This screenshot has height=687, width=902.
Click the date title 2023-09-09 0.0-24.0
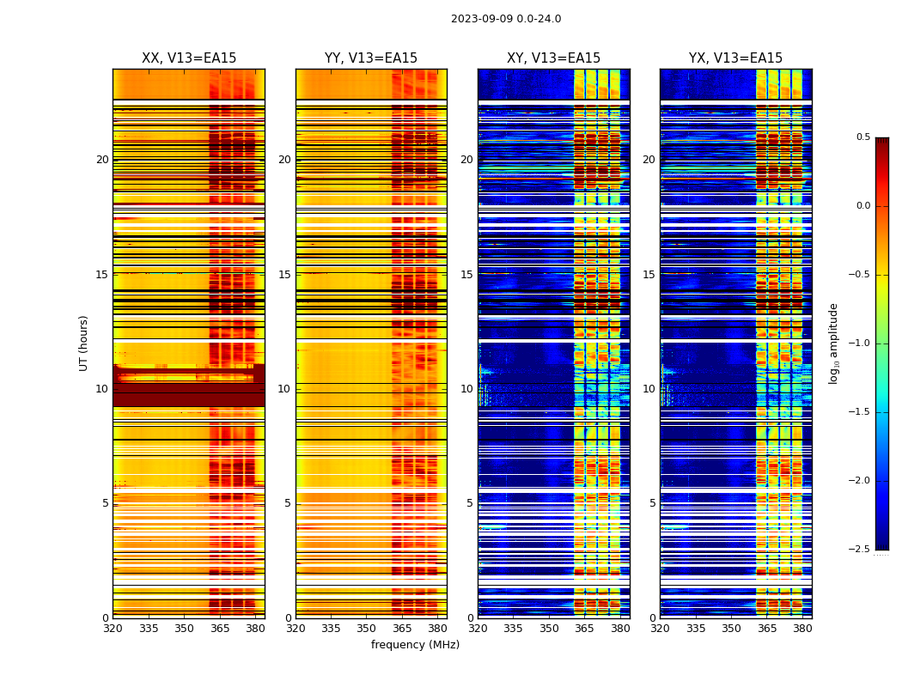(506, 19)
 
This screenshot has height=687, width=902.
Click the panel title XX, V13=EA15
(189, 58)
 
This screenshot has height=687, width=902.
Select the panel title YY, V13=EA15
(371, 58)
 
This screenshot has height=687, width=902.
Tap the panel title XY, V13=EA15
(553, 58)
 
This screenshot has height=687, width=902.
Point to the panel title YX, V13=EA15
(735, 58)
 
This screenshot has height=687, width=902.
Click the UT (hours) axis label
(83, 343)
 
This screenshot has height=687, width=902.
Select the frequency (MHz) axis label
(415, 645)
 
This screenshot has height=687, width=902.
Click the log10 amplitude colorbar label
(833, 343)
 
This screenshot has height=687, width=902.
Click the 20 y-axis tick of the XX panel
(102, 160)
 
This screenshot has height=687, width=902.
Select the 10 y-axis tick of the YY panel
(284, 389)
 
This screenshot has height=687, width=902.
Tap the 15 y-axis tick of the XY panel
(466, 275)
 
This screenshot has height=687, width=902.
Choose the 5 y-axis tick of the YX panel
(652, 503)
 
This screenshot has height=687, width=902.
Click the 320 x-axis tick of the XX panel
(113, 629)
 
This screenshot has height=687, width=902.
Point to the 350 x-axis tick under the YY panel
(367, 629)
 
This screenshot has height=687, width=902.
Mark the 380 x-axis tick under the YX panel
(802, 629)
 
